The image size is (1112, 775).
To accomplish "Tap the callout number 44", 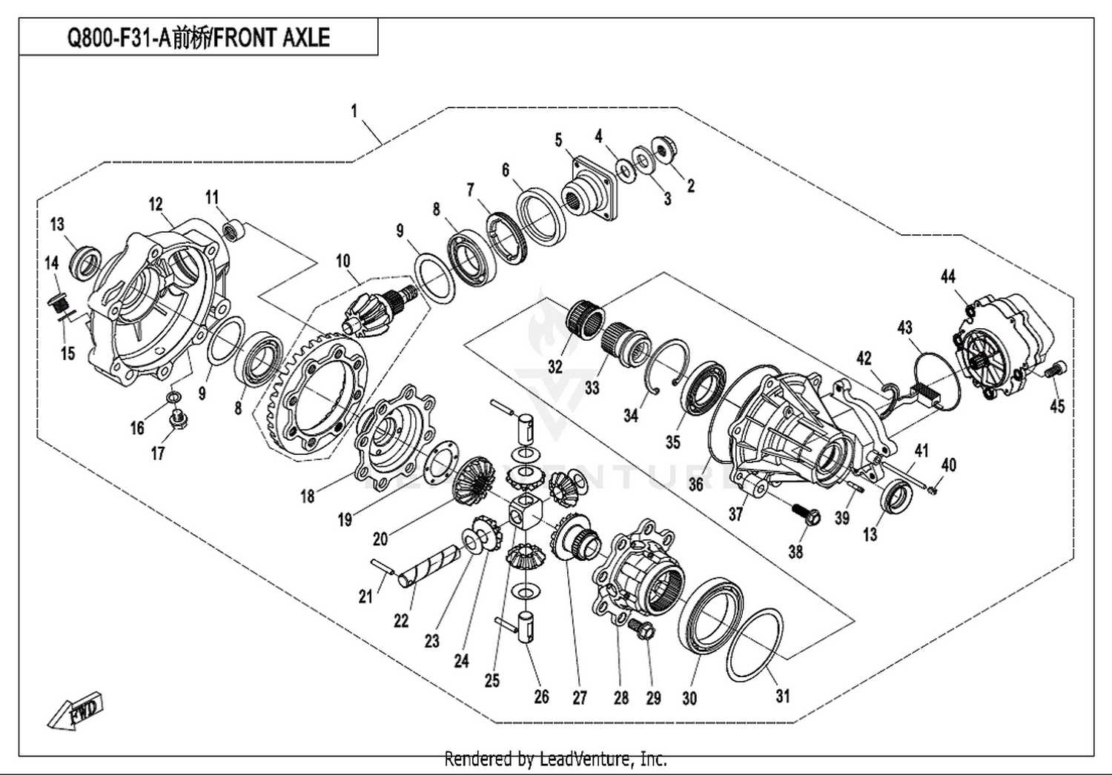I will click(x=947, y=276).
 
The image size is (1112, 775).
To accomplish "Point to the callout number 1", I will click(x=354, y=111).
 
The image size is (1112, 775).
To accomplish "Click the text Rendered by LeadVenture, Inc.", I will click(x=555, y=759).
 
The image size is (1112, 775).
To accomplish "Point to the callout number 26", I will click(x=541, y=696).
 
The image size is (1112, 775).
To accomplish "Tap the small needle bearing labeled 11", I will click(x=234, y=229).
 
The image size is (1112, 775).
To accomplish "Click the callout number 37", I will click(x=735, y=513).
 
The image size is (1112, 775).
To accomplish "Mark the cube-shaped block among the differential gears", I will click(x=525, y=512).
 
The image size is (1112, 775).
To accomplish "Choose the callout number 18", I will click(x=307, y=496).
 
